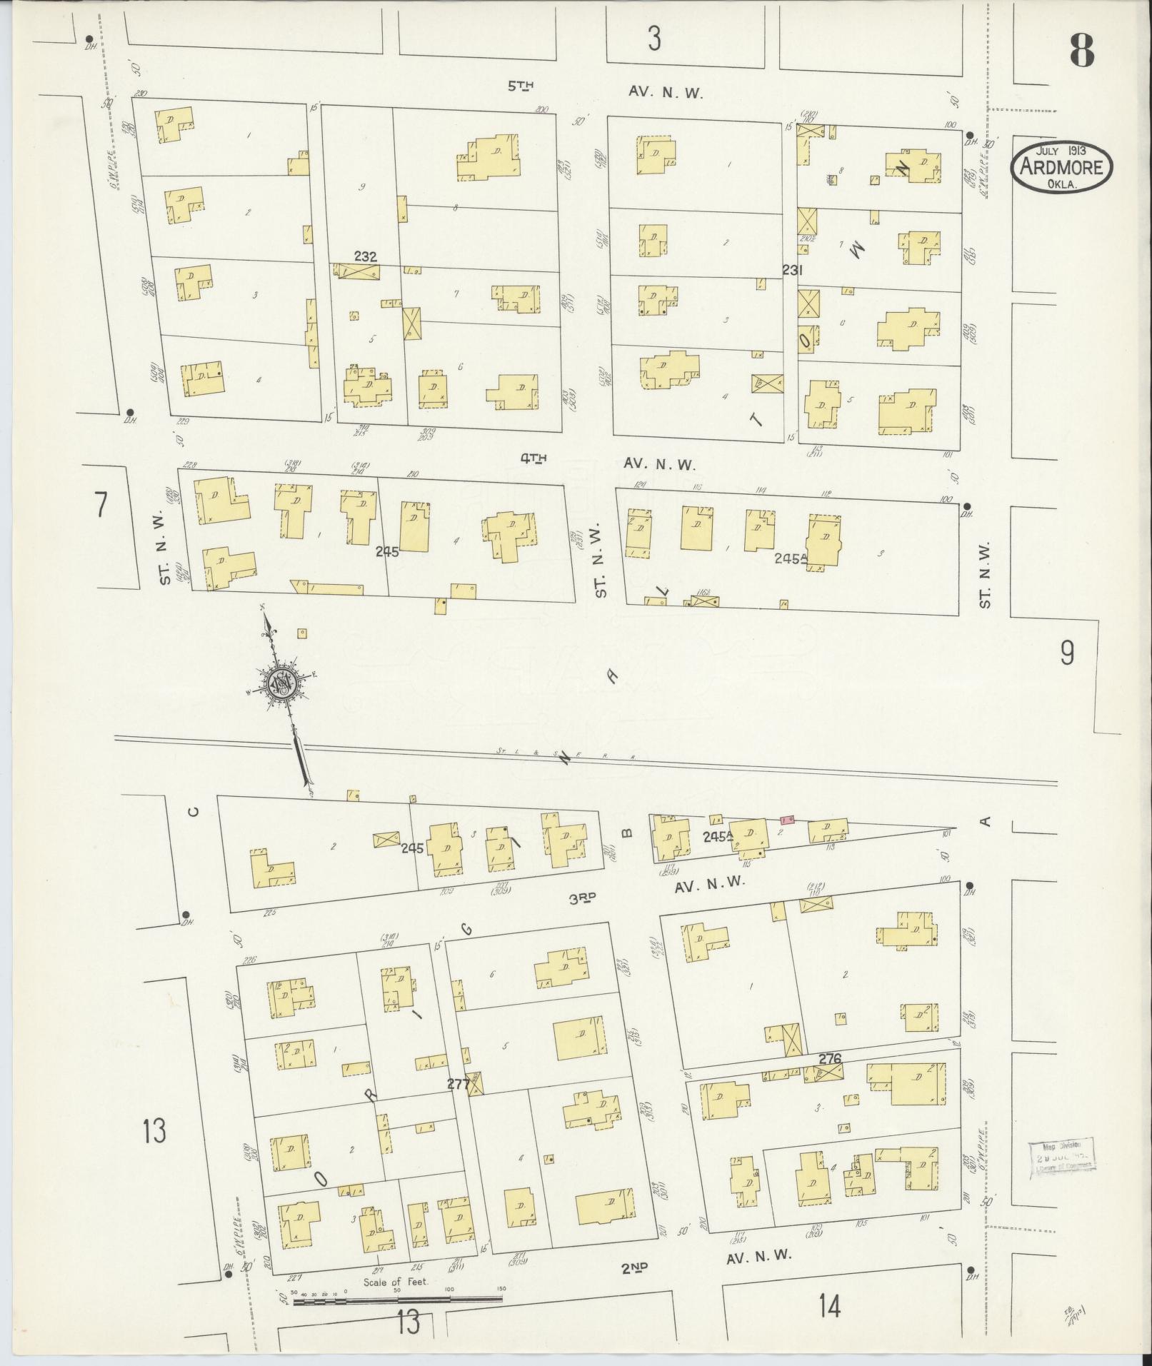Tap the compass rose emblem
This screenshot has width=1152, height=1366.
282,683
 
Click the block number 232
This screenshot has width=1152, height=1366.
365,256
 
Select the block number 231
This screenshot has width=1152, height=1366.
792,270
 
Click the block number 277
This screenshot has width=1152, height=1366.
457,1084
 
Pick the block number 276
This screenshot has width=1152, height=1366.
831,1058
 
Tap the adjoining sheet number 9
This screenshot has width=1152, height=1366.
1066,653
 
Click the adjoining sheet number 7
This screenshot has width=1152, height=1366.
101,506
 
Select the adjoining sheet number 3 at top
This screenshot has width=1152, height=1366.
654,38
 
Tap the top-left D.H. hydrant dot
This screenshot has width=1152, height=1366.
89,39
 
